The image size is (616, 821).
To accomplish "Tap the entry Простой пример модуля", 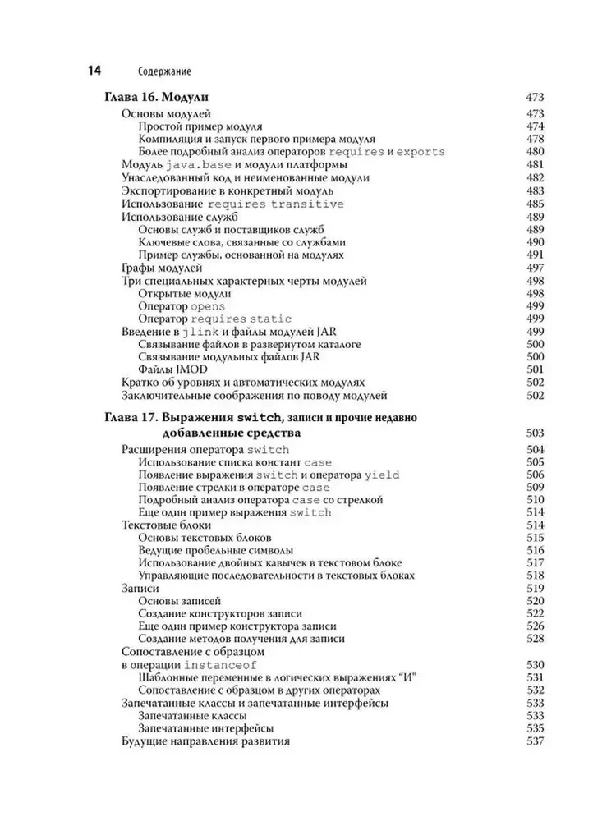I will point(200,126).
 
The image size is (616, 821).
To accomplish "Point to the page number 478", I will point(536,140).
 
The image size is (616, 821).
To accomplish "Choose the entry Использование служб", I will point(179,217).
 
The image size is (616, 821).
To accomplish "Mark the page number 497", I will point(536,268).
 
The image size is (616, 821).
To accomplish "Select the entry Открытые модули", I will point(185,293).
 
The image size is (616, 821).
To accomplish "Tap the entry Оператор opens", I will point(182,306).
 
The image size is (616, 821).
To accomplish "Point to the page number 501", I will point(536,369).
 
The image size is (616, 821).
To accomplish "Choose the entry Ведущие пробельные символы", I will point(217,550).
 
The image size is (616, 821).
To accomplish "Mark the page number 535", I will point(536,728).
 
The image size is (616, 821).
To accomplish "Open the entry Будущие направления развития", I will point(205,741).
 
